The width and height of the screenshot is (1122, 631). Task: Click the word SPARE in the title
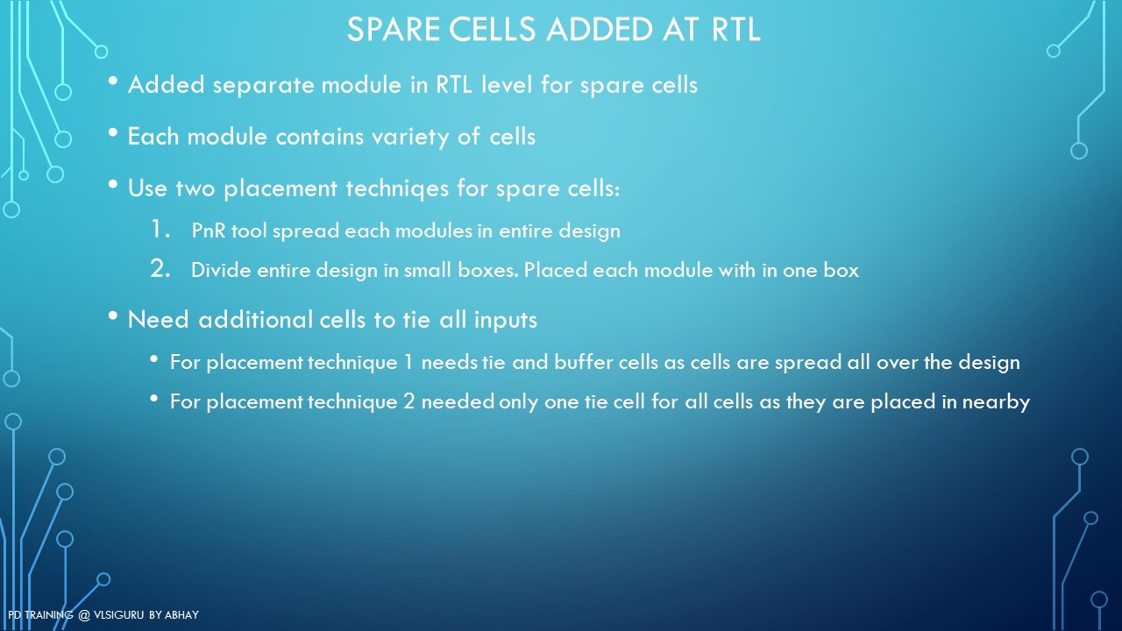point(394,29)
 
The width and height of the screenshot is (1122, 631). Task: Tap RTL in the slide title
point(735,29)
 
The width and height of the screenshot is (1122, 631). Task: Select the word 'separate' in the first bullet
point(263,86)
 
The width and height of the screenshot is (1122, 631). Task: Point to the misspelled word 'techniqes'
point(397,189)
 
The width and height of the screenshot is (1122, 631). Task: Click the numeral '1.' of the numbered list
point(160,229)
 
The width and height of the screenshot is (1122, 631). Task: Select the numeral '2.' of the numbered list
point(160,268)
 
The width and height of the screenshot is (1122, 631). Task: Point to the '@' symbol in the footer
point(84,615)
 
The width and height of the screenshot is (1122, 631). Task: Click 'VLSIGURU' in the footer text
point(118,615)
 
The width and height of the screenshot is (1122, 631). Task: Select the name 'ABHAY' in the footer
point(181,615)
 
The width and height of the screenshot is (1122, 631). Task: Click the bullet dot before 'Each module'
point(113,132)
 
